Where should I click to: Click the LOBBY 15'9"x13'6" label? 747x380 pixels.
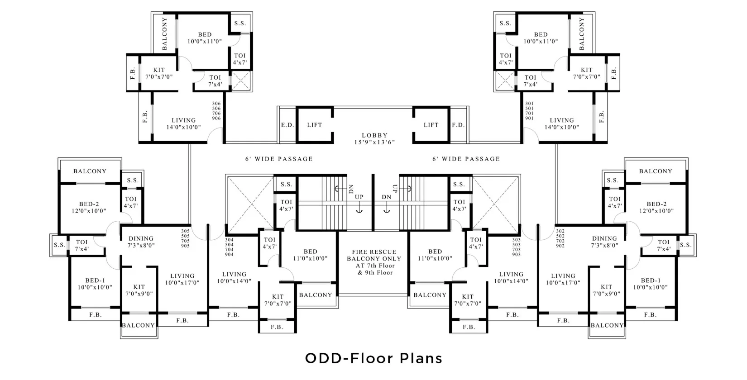pyautogui.click(x=374, y=139)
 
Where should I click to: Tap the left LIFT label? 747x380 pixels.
pyautogui.click(x=315, y=125)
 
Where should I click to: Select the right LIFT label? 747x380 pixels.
pyautogui.click(x=431, y=125)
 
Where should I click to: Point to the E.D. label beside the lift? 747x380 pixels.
pyautogui.click(x=287, y=125)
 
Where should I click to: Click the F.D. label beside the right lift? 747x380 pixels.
pyautogui.click(x=458, y=125)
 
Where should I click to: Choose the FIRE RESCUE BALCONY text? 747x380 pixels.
pyautogui.click(x=374, y=255)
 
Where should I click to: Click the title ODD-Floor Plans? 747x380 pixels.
pyautogui.click(x=373, y=358)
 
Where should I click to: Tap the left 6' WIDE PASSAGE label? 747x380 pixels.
pyautogui.click(x=279, y=159)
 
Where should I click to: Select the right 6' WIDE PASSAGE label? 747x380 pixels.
pyautogui.click(x=466, y=159)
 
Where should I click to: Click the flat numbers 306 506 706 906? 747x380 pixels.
pyautogui.click(x=216, y=111)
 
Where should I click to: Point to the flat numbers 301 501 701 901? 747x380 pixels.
pyautogui.click(x=529, y=111)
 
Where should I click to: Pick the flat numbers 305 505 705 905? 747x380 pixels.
pyautogui.click(x=186, y=238)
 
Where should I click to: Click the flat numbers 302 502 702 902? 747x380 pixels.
pyautogui.click(x=560, y=238)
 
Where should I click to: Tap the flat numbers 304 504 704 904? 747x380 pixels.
pyautogui.click(x=229, y=247)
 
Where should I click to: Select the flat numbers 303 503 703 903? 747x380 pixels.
pyautogui.click(x=516, y=247)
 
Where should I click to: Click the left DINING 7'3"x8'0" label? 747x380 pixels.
pyautogui.click(x=141, y=242)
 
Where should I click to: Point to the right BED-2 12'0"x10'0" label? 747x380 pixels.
pyautogui.click(x=656, y=207)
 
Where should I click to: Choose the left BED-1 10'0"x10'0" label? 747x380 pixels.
pyautogui.click(x=95, y=284)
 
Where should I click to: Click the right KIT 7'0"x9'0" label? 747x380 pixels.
pyautogui.click(x=606, y=290)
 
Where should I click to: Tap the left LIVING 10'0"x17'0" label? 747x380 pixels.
pyautogui.click(x=182, y=279)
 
